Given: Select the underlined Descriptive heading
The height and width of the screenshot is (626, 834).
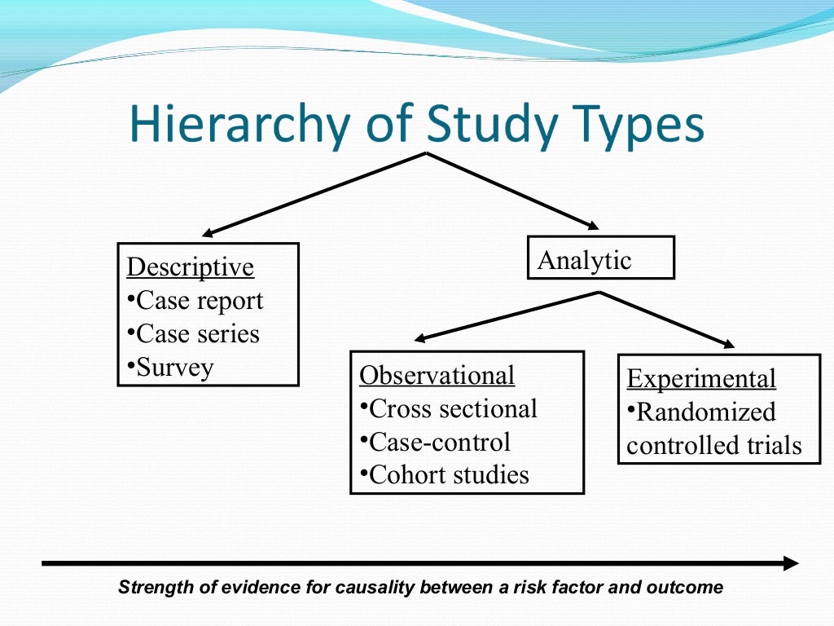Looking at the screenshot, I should (191, 267).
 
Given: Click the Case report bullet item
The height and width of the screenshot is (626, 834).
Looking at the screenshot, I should (195, 301).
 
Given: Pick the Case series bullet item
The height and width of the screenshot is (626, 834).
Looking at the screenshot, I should (194, 334).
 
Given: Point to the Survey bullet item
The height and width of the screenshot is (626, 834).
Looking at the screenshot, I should (171, 368).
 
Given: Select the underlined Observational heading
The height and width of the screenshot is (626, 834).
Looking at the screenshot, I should (437, 375).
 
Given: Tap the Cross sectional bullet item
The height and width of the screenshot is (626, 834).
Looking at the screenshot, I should (448, 408).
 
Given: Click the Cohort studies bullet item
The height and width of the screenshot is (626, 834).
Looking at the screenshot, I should (444, 475).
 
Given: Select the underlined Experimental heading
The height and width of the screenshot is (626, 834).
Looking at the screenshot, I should (701, 379).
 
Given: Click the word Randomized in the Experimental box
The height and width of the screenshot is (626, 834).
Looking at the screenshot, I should (701, 412).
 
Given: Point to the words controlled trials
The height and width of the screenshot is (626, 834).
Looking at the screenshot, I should (714, 446).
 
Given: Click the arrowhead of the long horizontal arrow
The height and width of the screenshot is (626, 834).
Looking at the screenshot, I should (791, 562).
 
